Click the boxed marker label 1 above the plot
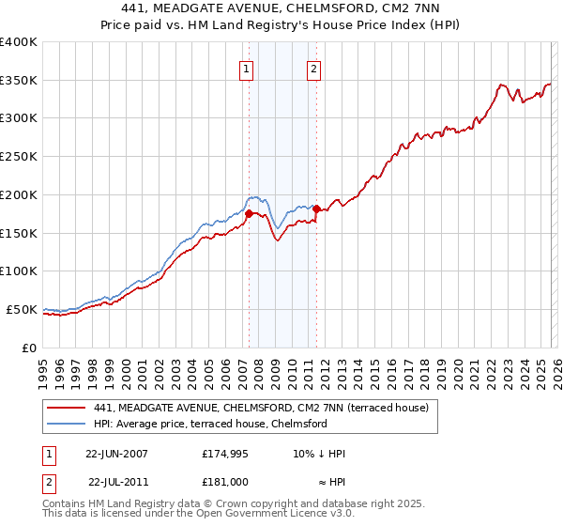point(246,68)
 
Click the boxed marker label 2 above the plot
point(312,68)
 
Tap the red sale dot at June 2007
point(249,213)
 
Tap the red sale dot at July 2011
point(317,209)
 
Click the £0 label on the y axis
point(29,348)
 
